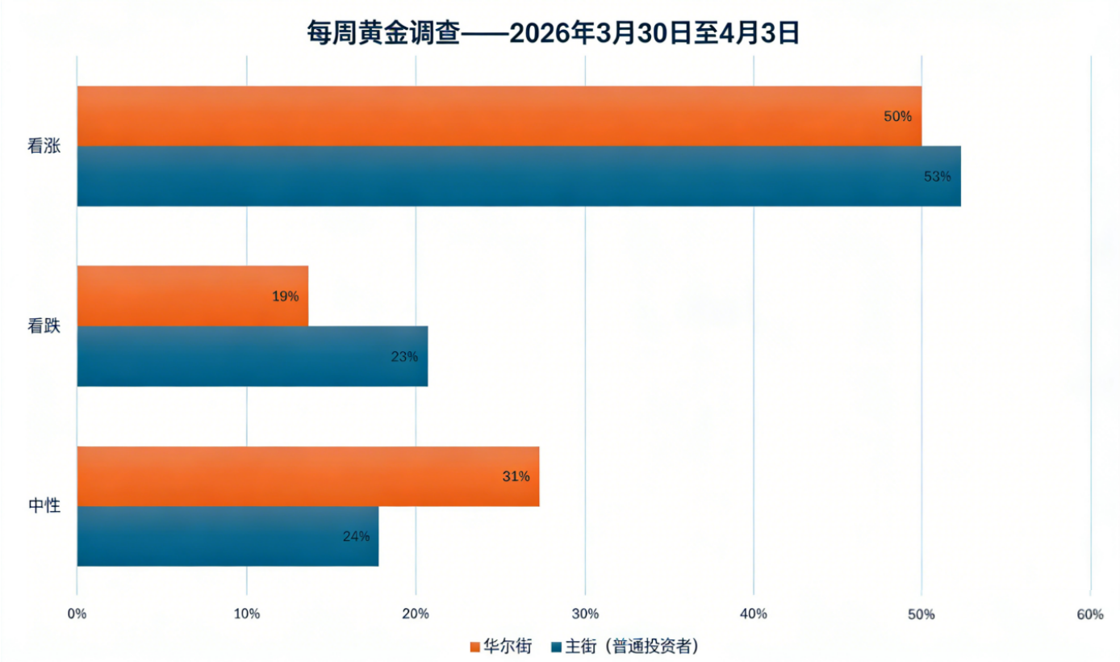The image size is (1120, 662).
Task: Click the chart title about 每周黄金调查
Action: point(554,32)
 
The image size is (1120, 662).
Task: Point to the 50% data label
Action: point(897,116)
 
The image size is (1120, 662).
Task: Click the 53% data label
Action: point(937,176)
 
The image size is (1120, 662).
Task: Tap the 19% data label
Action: point(285,296)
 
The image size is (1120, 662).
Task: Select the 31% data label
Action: point(516,476)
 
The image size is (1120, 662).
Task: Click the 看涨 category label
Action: point(44,147)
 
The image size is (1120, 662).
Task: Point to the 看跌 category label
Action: point(44,326)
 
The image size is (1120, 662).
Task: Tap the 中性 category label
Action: point(44,506)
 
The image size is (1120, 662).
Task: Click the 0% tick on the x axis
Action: point(77,614)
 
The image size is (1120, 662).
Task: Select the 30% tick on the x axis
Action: point(584,614)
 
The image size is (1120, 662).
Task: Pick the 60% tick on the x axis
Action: point(1089,614)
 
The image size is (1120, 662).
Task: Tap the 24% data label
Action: point(356,536)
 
